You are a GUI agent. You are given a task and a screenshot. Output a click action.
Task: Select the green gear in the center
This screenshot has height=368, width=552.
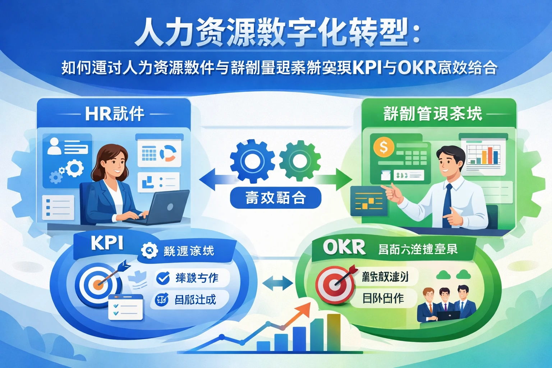pyautogui.click(x=300, y=160)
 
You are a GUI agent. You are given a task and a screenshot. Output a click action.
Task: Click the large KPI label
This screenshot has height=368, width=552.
pyautogui.click(x=107, y=243)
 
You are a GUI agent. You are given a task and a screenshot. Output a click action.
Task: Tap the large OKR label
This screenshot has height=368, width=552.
pyautogui.click(x=344, y=247)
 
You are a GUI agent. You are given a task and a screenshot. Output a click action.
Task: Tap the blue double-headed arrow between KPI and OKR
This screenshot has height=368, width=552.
pyautogui.click(x=277, y=283)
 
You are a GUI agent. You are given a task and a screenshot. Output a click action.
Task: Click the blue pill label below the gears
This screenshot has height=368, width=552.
pyautogui.click(x=275, y=198)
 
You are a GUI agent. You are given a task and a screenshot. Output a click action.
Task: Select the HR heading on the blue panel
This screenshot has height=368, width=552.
pyautogui.click(x=115, y=114)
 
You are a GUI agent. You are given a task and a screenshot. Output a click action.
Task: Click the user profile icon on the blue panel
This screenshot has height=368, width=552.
pyautogui.click(x=54, y=146)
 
